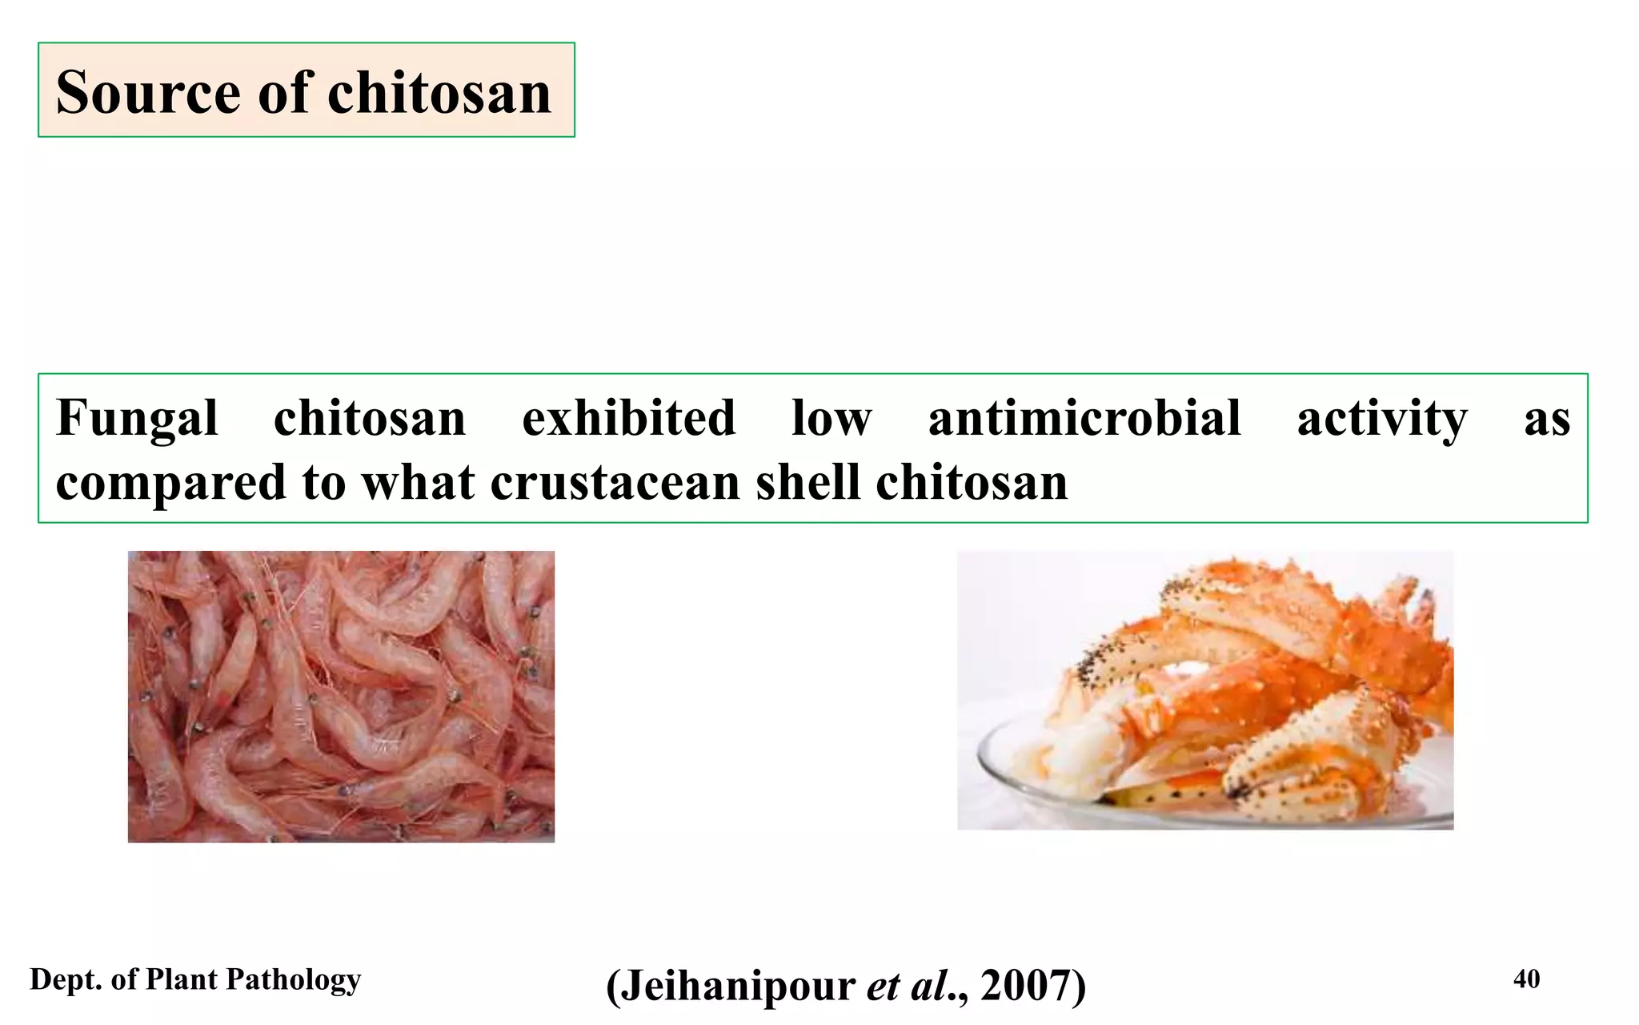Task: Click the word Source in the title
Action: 148,92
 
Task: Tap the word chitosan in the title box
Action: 439,92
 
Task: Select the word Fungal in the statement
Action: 137,419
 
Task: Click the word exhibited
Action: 628,419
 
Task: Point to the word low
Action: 831,419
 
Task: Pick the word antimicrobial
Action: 1084,419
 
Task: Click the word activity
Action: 1382,419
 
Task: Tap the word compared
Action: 170,483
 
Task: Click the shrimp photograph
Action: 341,696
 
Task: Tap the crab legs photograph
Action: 1205,690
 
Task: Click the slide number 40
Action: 1526,979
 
